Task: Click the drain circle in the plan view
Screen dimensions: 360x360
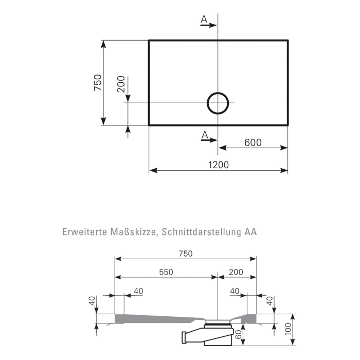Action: click(x=218, y=102)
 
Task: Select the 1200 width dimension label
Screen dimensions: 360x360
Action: click(x=219, y=165)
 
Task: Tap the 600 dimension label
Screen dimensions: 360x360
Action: click(x=253, y=142)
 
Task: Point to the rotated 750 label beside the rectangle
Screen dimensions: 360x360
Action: click(x=98, y=83)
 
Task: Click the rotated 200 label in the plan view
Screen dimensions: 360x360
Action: click(x=121, y=84)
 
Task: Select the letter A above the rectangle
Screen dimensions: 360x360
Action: click(x=204, y=20)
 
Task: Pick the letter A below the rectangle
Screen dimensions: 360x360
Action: click(x=204, y=135)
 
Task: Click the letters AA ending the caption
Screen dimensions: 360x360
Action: click(x=250, y=232)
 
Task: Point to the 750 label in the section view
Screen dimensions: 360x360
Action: click(x=185, y=254)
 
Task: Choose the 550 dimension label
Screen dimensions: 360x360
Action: click(x=166, y=272)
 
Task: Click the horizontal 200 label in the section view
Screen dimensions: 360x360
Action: click(x=237, y=272)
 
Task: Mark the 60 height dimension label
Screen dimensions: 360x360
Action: click(x=239, y=338)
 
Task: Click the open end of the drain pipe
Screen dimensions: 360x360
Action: click(x=184, y=337)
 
